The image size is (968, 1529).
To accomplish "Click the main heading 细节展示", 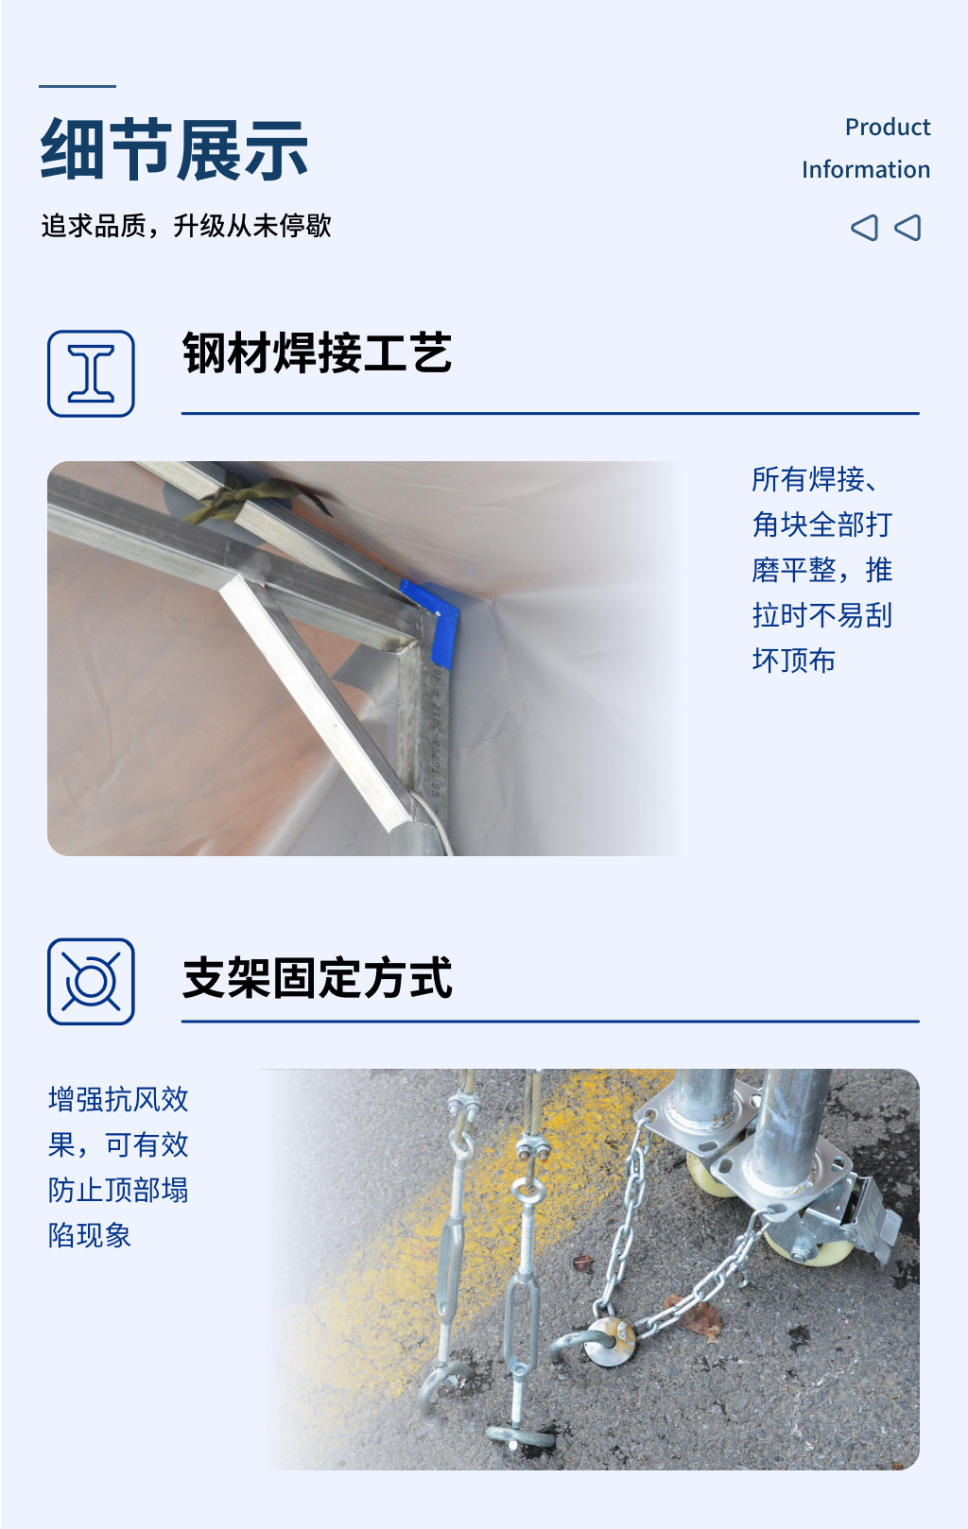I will [175, 149].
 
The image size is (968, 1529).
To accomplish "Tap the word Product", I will [887, 127].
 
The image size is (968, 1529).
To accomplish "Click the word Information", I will [865, 169].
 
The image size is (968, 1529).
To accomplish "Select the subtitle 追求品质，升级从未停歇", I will [186, 226].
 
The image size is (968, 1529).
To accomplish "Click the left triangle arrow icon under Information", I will [864, 228].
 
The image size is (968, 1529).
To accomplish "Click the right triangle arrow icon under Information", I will [907, 228].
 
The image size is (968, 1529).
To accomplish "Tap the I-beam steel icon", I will [91, 373].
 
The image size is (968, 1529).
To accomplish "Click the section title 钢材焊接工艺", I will [317, 353].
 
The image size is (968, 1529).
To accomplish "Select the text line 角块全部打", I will [821, 524].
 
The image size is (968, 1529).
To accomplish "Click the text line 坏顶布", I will [793, 661].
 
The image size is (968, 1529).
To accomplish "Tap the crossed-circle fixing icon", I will [91, 982].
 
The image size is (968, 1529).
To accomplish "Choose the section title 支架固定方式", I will [317, 978].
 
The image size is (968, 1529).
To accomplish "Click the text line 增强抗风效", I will [118, 1099].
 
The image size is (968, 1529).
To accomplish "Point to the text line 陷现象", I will [90, 1235].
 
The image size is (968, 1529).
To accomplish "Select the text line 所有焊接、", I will [814, 479].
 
